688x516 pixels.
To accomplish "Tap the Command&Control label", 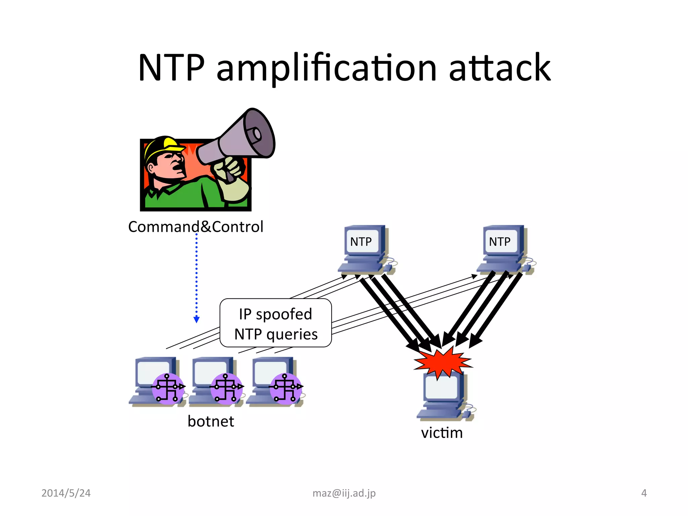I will tap(196, 227).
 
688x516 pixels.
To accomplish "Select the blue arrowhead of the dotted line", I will tap(197, 319).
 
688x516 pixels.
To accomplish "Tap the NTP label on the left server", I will tap(361, 242).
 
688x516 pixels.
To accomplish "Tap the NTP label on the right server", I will tap(500, 242).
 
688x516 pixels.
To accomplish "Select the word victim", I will tap(442, 433).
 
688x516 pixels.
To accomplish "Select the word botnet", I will tap(211, 421).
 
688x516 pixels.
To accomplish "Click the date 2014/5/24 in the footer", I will tap(66, 493).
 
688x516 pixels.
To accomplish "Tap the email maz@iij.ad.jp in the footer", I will tap(344, 493).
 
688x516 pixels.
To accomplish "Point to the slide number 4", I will tap(644, 493).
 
